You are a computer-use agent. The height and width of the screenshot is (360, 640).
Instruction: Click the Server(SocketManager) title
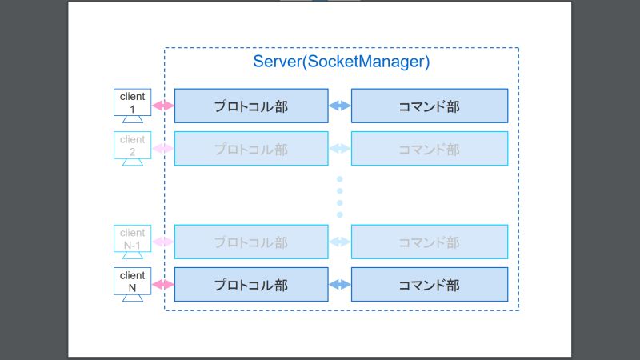point(341,62)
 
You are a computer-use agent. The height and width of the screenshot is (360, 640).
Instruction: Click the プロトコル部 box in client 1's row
point(251,106)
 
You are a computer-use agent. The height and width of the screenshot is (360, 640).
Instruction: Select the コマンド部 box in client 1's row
point(430,106)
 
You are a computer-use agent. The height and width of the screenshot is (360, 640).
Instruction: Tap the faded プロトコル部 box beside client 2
point(251,149)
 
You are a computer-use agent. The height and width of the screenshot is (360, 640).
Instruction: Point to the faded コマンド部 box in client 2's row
point(430,149)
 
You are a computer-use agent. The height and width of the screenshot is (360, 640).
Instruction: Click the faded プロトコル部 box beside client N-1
point(251,242)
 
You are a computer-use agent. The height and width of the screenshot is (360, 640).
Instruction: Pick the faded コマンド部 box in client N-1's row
point(430,242)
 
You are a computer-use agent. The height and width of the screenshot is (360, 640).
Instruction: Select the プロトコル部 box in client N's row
point(251,284)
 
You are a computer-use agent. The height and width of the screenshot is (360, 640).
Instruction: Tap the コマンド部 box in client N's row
point(430,284)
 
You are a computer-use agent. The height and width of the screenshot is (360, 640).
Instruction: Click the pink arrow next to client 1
point(162,106)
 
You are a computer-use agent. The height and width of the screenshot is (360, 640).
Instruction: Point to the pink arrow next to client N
point(162,284)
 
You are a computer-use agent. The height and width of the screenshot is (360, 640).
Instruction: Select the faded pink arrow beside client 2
point(162,149)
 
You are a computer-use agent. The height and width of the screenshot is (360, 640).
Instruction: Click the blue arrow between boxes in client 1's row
point(340,106)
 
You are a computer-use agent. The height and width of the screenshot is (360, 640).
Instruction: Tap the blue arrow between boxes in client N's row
point(340,284)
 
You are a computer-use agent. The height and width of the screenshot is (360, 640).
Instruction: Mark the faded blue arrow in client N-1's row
point(340,242)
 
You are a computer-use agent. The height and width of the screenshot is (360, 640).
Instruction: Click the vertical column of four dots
point(339,196)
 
